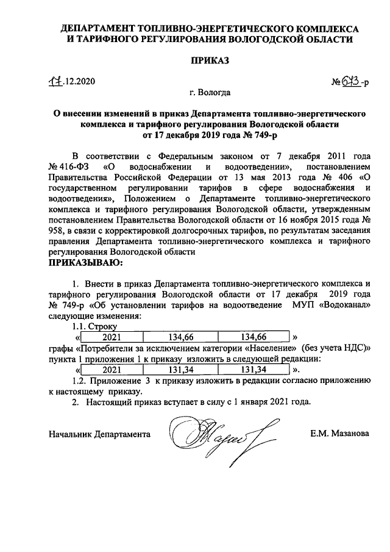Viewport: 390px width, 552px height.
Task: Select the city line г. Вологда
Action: click(x=209, y=93)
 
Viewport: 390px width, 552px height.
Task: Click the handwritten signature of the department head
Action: click(x=216, y=435)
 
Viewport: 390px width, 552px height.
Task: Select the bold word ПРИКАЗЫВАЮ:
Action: click(x=85, y=263)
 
